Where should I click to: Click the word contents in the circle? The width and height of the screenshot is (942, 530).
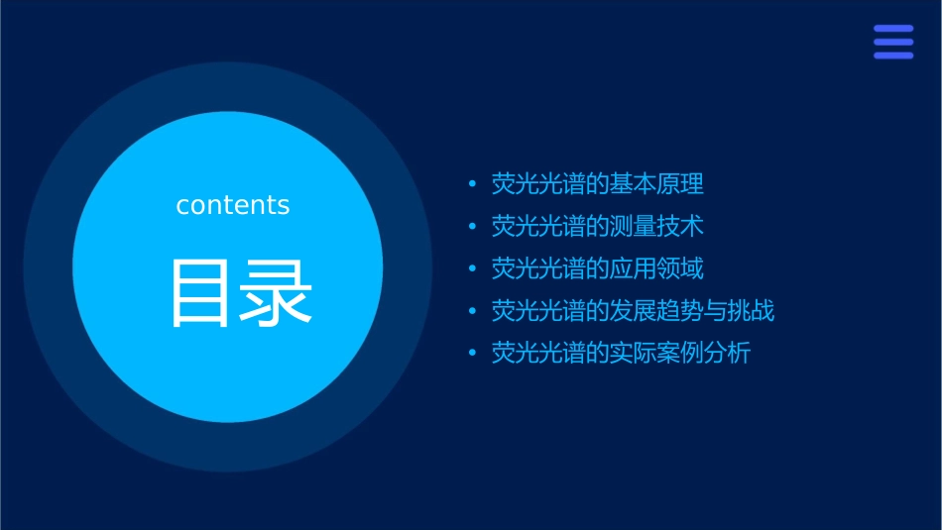tap(233, 205)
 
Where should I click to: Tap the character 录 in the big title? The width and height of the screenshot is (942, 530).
tap(277, 293)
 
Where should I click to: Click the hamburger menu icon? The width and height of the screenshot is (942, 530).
tap(893, 42)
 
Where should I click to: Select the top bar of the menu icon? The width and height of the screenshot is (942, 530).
tap(893, 29)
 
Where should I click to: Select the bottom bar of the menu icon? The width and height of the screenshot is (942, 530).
tap(893, 55)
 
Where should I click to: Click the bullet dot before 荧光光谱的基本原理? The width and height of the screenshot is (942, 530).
tap(472, 185)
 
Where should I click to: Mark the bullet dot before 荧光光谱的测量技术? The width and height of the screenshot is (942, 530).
tap(472, 228)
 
